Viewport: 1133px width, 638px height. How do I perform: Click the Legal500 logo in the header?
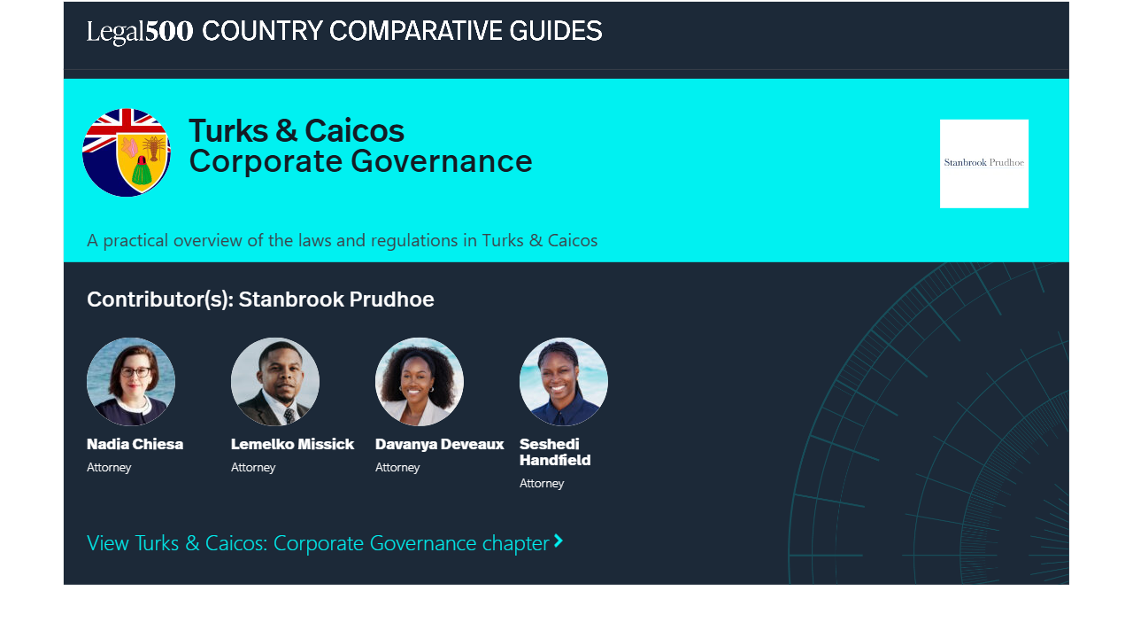(x=140, y=31)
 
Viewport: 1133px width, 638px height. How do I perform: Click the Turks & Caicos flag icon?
(x=127, y=152)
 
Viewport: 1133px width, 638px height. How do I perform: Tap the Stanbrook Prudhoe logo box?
(x=983, y=164)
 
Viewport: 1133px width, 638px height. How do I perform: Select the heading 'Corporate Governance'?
(x=360, y=161)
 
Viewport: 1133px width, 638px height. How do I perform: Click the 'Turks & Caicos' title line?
(x=297, y=130)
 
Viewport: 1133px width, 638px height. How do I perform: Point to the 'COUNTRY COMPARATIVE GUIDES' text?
(x=402, y=31)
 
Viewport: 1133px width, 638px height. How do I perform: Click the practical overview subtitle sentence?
(x=342, y=240)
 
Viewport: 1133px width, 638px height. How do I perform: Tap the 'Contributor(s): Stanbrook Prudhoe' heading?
(x=260, y=300)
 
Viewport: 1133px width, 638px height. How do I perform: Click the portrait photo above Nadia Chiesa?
(x=131, y=382)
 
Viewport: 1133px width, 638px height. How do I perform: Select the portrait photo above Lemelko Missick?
(x=275, y=382)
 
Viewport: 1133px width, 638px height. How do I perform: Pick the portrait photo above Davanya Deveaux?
(x=420, y=382)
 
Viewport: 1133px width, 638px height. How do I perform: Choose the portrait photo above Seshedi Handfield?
(x=564, y=382)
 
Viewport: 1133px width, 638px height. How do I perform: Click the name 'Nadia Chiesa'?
(x=135, y=444)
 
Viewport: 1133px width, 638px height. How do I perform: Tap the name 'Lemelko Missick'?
(x=292, y=444)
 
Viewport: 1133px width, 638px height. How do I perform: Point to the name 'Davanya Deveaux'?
(x=440, y=444)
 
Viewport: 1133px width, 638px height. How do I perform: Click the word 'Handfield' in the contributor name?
(x=555, y=460)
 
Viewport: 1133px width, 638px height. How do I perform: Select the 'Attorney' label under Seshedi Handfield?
(x=542, y=484)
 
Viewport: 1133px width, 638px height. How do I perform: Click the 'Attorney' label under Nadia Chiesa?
(x=109, y=467)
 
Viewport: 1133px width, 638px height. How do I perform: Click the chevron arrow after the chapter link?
(x=559, y=541)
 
